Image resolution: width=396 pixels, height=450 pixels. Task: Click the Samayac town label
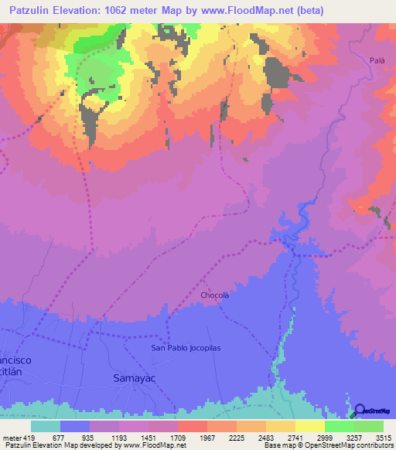126,378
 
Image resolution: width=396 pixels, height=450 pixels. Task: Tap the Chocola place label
215,295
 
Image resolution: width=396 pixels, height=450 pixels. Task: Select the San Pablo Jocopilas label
186,348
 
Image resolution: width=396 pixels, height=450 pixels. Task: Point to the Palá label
377,60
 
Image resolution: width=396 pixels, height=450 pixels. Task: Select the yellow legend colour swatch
309,425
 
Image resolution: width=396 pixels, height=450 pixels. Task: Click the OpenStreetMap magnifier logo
360,410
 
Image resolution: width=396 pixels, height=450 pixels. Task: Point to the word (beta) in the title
308,10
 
